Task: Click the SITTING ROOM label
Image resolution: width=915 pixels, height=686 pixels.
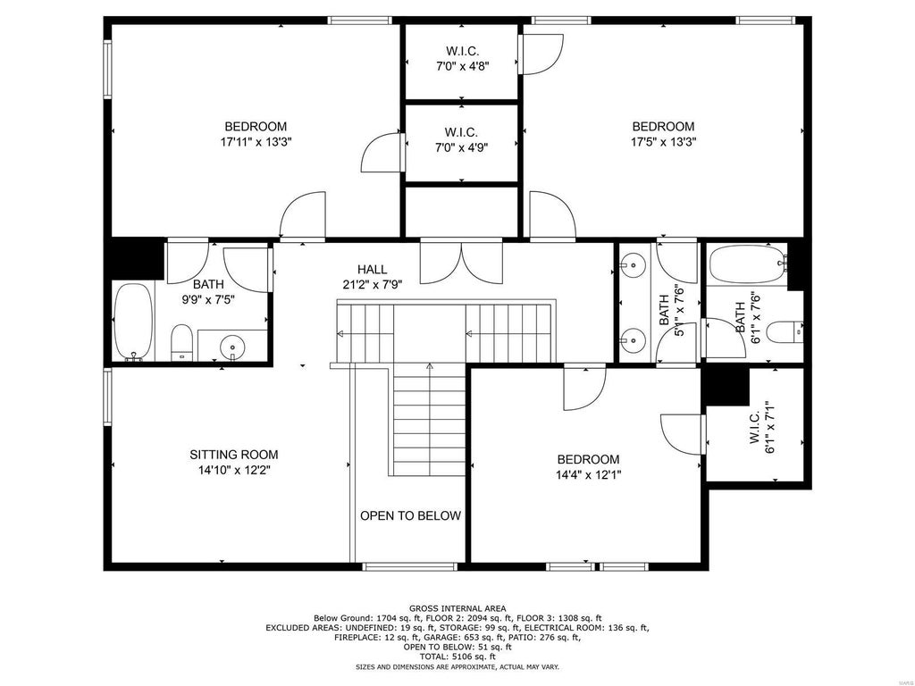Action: (233, 455)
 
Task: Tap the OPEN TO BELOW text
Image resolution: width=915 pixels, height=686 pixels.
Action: (410, 515)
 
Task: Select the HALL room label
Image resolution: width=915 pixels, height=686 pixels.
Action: (372, 270)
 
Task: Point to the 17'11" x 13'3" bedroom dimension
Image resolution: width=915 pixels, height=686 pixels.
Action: (256, 141)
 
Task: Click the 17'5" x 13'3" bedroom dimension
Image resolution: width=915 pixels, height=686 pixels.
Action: (664, 141)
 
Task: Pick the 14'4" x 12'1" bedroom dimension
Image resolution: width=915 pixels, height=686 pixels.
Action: (588, 475)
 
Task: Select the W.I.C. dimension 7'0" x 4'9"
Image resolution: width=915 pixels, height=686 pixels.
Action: (462, 147)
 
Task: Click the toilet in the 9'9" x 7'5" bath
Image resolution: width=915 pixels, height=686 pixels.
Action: (181, 342)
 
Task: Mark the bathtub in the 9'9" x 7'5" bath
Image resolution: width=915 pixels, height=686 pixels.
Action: (133, 322)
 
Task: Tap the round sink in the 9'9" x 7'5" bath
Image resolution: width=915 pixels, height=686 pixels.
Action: (232, 347)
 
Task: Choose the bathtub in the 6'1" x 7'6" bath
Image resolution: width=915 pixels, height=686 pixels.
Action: (747, 264)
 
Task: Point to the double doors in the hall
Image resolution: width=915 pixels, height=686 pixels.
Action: (461, 263)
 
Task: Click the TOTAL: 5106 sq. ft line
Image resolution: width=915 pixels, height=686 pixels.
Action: (457, 657)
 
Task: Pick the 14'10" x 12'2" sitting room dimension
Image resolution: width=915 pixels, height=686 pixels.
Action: (233, 470)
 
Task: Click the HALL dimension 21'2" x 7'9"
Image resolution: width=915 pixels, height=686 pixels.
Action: (373, 285)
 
